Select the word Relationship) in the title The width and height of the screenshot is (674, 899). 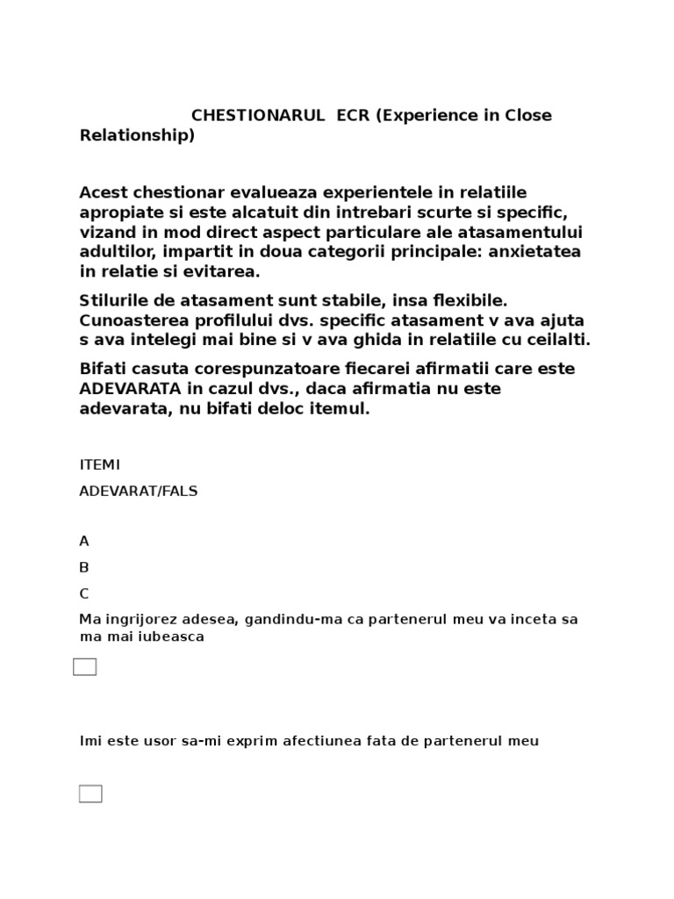pos(137,135)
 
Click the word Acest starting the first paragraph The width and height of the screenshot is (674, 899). pos(104,192)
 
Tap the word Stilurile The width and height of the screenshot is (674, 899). pos(116,301)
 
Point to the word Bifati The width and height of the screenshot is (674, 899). pos(104,368)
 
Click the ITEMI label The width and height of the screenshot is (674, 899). pos(100,464)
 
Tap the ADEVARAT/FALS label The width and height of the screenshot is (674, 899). pos(139,491)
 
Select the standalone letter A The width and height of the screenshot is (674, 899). pos(84,541)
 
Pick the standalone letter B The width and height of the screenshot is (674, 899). pos(84,567)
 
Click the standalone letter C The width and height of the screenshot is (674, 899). pos(84,593)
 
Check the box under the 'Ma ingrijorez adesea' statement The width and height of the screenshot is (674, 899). pos(84,667)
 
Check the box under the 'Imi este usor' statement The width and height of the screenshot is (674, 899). pos(90,794)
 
